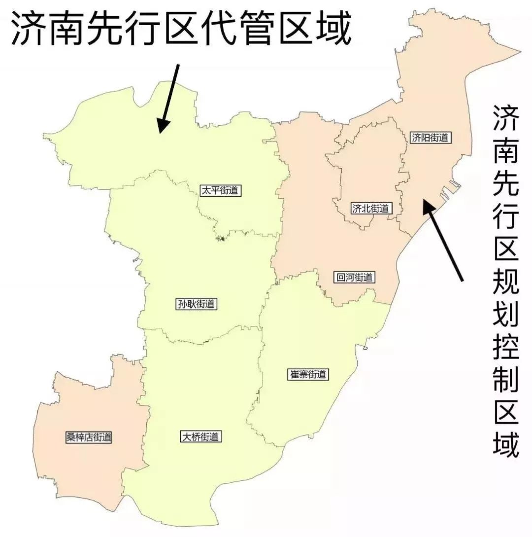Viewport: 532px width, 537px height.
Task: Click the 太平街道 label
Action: coord(221,190)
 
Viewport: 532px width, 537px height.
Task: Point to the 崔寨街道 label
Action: coord(308,374)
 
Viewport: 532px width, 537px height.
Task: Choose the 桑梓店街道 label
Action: coord(89,437)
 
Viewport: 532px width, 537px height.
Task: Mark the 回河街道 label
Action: coord(354,278)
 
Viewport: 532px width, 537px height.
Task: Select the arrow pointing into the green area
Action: coord(168,98)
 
